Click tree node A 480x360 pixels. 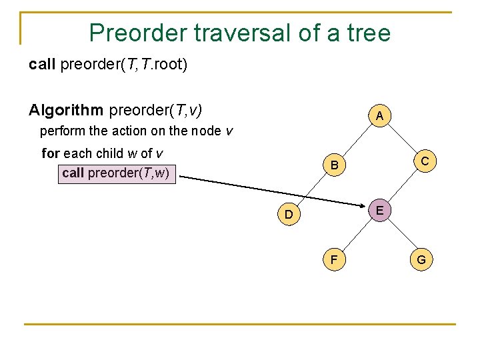[379, 116]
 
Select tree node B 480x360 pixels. [335, 165]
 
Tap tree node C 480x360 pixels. [424, 161]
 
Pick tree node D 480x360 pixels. [288, 214]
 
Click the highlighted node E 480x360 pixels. [379, 210]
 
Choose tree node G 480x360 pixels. [421, 259]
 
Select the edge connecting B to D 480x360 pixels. [311, 189]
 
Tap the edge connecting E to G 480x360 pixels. [400, 235]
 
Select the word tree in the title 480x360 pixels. [366, 32]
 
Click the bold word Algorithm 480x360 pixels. [65, 109]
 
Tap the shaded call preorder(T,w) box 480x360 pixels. [117, 173]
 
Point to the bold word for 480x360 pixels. [51, 153]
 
